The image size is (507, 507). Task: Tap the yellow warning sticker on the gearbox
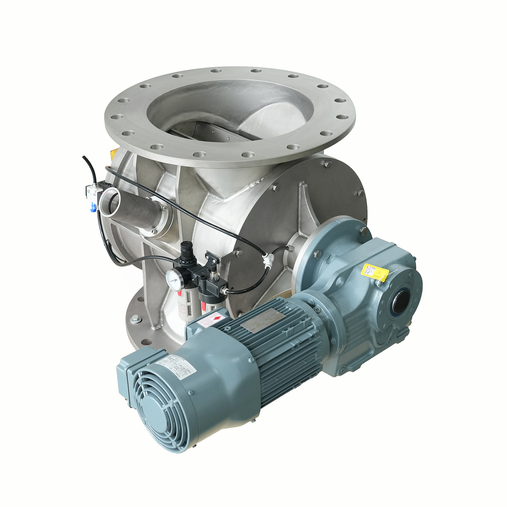coord(374,272)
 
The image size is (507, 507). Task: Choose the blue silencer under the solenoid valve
coord(93,206)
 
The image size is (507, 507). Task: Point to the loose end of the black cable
coord(83,157)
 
